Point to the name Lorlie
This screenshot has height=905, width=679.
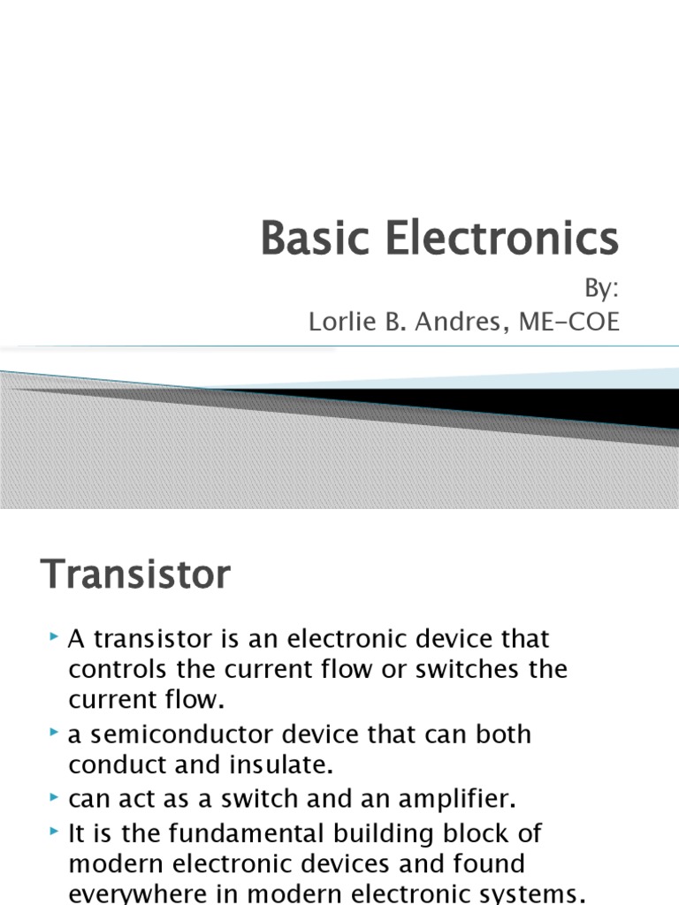click(340, 323)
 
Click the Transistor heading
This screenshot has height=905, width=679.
click(135, 575)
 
